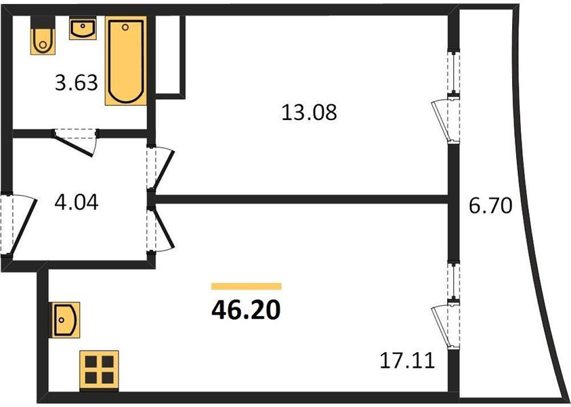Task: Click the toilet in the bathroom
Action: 41,40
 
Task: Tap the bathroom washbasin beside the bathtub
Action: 83,29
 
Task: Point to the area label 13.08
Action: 308,112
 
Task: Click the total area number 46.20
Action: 246,310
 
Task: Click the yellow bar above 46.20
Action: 246,286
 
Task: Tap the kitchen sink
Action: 66,319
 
